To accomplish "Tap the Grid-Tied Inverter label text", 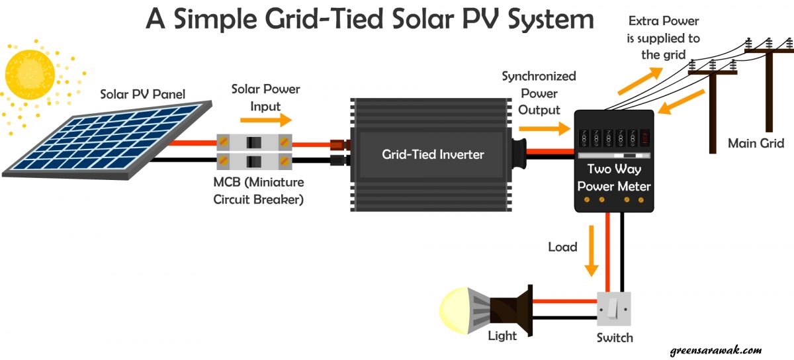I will coord(433,155).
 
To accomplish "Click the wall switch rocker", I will coord(614,309).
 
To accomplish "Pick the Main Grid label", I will coord(756,143).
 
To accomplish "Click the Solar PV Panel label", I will coord(142,94).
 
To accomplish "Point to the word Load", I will coord(562,247).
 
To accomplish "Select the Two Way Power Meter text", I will coord(613,178).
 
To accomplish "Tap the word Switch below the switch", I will coord(613,337).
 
